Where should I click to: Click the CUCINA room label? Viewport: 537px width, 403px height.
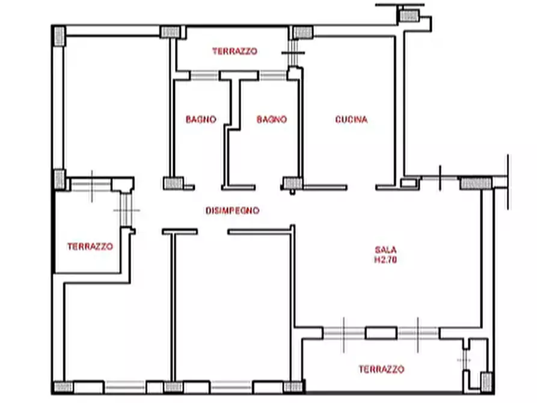click(x=351, y=119)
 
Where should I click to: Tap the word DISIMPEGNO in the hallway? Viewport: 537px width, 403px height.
click(x=233, y=211)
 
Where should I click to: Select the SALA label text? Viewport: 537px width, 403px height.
click(x=385, y=250)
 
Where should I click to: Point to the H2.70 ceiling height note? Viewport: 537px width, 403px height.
click(x=385, y=260)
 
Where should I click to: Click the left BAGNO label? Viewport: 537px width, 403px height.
click(x=201, y=119)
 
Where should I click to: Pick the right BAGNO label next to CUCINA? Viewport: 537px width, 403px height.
click(x=272, y=119)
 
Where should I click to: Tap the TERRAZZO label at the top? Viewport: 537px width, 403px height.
click(x=235, y=51)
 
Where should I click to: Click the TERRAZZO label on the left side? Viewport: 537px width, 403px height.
click(x=90, y=247)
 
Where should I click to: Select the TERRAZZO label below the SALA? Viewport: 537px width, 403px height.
click(x=381, y=369)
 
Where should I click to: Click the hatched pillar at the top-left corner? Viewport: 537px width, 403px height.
click(x=60, y=35)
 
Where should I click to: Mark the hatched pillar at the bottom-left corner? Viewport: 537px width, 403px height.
click(x=63, y=387)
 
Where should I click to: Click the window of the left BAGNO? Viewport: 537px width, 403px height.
click(x=204, y=75)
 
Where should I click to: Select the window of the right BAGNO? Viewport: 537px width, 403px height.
click(x=272, y=75)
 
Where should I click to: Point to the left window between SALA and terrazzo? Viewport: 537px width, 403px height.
click(x=344, y=333)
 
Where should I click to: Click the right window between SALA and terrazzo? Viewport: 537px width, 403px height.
click(x=418, y=333)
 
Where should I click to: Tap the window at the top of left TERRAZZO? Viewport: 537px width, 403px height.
click(x=91, y=185)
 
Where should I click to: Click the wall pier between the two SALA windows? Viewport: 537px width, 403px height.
click(x=381, y=333)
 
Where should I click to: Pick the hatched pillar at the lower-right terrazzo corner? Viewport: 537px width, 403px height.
click(x=486, y=382)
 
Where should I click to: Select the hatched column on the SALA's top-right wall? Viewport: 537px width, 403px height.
click(x=476, y=183)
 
